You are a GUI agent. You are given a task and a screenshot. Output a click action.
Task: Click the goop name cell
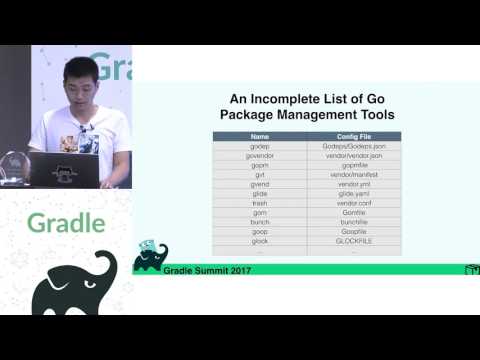tap(260, 231)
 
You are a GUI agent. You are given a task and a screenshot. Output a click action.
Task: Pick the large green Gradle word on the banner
tap(64, 222)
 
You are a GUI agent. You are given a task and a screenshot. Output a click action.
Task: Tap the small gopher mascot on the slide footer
tap(150, 256)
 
